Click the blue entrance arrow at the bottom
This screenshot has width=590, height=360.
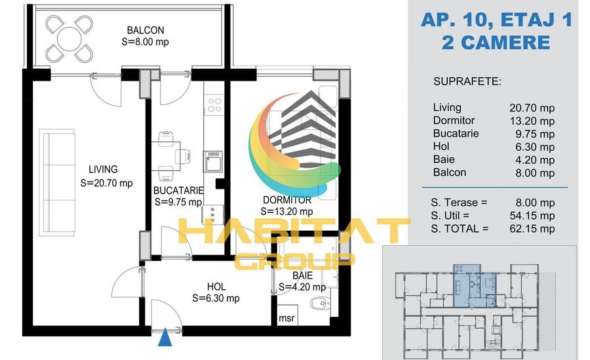click(x=165, y=338)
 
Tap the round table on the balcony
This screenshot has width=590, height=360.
click(x=69, y=39)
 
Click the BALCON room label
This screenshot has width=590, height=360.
click(x=146, y=30)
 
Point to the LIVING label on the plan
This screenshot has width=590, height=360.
click(x=103, y=169)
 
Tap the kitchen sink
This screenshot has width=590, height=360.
click(x=213, y=162)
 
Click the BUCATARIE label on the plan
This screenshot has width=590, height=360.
click(x=178, y=191)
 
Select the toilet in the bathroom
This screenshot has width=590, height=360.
click(x=320, y=303)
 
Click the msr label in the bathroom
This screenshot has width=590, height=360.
click(x=286, y=318)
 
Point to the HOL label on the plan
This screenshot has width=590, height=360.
click(x=216, y=287)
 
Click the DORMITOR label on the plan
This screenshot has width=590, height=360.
click(x=287, y=200)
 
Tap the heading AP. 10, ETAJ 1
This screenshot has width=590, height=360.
click(x=497, y=19)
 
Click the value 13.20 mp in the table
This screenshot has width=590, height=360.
click(x=532, y=121)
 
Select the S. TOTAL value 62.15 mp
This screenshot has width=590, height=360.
click(x=532, y=229)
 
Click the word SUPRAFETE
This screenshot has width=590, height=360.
click(x=467, y=81)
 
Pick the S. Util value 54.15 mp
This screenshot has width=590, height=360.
click(x=532, y=216)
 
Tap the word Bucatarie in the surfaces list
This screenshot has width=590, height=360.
click(x=456, y=134)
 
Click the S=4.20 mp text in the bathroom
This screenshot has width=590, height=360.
click(x=302, y=287)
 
